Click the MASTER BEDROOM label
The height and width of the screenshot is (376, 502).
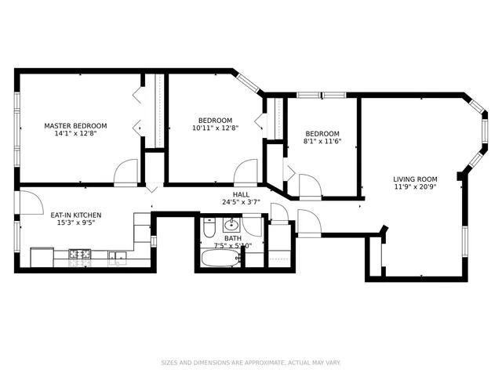point(75,125)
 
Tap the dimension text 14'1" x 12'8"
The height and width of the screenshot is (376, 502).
point(75,133)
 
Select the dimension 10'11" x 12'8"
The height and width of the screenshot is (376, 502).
point(215,128)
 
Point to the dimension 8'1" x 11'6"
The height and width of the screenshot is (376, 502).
point(322,141)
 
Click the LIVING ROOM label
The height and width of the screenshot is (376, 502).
point(415,179)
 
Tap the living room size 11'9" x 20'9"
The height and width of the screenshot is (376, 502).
point(415,187)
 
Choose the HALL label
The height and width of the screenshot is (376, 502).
point(240,194)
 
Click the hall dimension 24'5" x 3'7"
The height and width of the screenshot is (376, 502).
point(240,202)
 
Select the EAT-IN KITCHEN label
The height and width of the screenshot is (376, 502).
point(75,215)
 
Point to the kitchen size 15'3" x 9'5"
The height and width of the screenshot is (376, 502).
point(75,222)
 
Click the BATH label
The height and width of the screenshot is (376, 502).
point(233,237)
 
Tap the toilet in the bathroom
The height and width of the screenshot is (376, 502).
point(209,229)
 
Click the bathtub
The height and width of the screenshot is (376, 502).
point(220,258)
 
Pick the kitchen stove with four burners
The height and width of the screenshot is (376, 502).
point(80,255)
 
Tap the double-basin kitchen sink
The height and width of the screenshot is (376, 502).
point(118,255)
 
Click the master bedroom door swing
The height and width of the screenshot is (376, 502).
point(126,173)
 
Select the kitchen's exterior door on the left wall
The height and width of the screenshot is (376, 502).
point(28,203)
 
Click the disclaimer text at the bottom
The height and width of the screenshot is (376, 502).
point(250,363)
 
